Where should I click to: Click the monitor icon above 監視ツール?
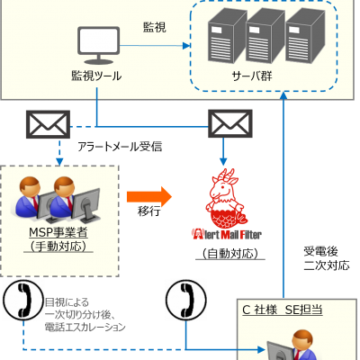pos(99,45)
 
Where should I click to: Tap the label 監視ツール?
pos(96,76)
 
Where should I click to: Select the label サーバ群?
pos(252,76)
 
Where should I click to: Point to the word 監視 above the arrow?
pos(154,27)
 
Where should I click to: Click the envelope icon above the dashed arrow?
pos(48,124)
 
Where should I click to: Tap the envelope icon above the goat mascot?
pos(230,123)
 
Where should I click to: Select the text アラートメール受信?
pos(120,147)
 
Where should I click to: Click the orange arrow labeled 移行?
pos(149,197)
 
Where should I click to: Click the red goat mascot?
pos(227,198)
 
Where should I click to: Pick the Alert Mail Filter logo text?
pos(227,234)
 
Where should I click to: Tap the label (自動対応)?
pos(230,254)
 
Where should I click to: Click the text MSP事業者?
pos(58,232)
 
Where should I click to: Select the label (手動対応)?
pos(58,247)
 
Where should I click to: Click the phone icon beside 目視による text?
pos(23,300)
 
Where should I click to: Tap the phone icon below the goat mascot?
pos(186,300)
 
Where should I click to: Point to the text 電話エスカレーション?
pos(85,327)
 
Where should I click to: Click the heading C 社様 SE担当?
pos(283,310)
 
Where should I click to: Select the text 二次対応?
pos(327,265)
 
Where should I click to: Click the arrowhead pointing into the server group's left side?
pos(186,46)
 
